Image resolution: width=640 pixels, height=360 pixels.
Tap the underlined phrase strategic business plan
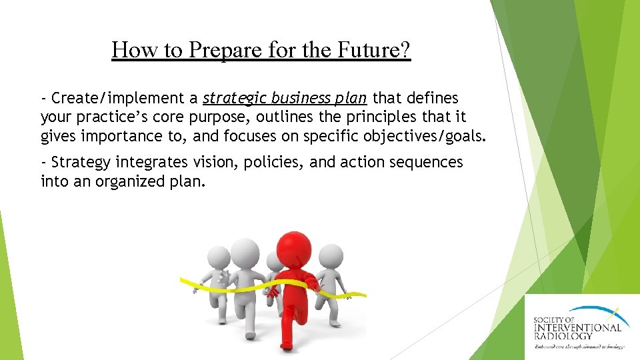pos(285,99)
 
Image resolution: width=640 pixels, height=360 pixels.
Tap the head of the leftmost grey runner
pos(219,256)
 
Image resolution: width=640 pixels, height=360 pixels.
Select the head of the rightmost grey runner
pos(331,255)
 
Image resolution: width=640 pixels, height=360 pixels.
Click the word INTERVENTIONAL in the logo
pos(577,327)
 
